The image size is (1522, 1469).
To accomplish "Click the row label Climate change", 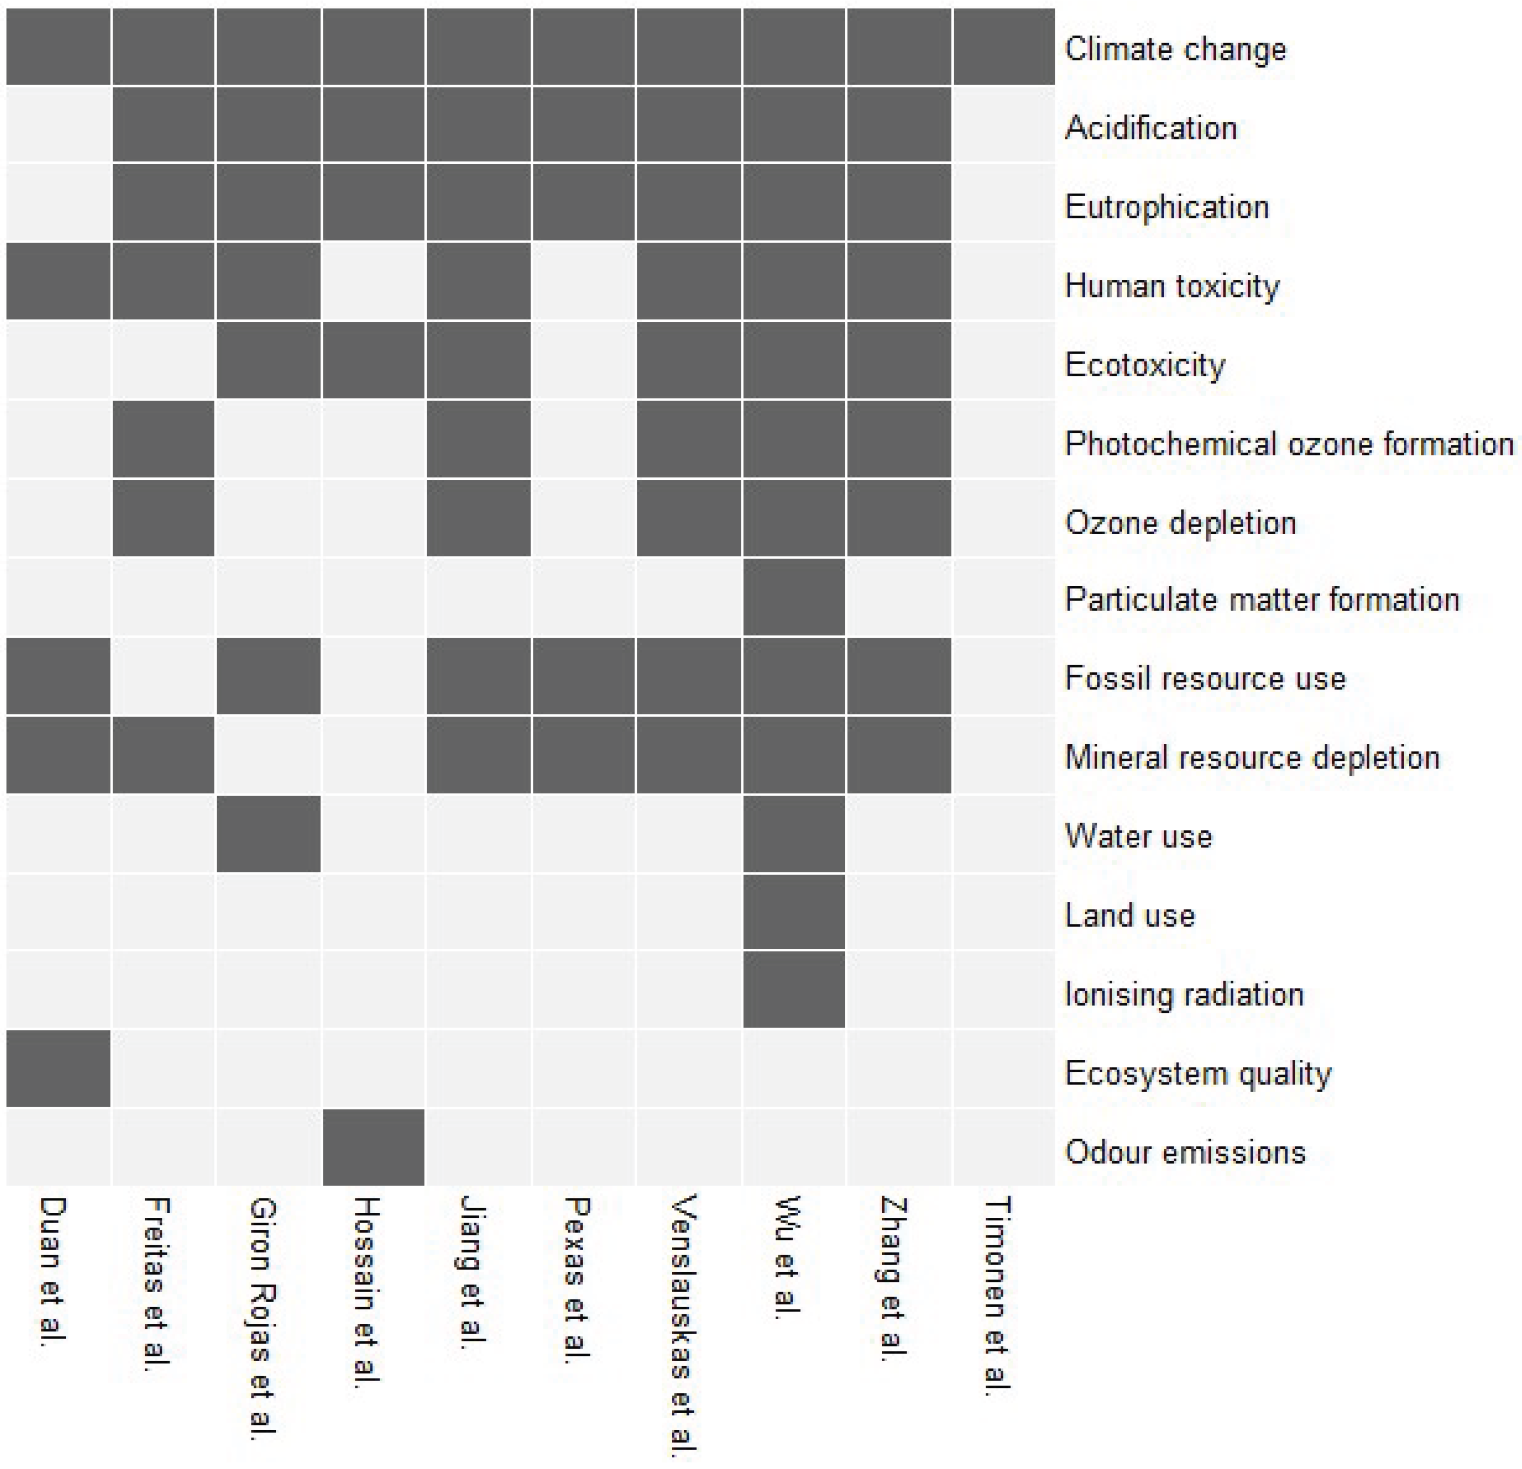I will click(1175, 49).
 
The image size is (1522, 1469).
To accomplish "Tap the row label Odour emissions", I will click(1185, 1151).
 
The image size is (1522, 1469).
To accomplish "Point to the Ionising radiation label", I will click(1183, 994).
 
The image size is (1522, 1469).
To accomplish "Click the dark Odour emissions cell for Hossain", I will click(374, 1147).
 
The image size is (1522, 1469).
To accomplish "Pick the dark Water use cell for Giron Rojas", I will click(268, 833).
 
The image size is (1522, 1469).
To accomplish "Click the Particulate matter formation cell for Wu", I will click(794, 597).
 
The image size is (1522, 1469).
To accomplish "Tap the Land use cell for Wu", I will click(794, 912).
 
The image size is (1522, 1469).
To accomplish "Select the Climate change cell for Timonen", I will click(1003, 46).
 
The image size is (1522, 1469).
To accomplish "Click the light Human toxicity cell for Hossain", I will click(374, 281).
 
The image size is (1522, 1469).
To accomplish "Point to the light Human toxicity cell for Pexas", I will click(584, 281).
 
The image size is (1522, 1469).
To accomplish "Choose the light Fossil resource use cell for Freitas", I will click(163, 675).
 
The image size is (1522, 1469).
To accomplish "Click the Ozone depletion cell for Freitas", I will click(163, 518).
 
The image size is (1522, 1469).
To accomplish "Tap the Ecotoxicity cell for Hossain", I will click(374, 360).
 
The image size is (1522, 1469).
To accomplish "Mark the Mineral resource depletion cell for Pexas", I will click(584, 755).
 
